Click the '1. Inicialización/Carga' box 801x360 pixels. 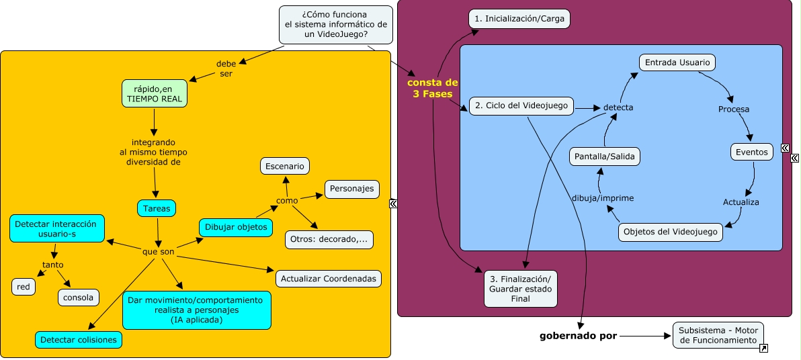tap(519, 19)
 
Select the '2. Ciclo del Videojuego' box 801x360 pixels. tap(521, 105)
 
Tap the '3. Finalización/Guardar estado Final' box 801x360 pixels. tap(520, 288)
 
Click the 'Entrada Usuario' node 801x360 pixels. tap(677, 62)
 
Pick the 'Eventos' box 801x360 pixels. tap(751, 152)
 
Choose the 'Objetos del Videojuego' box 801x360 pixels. tap(671, 232)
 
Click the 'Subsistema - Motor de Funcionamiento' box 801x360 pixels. tap(718, 335)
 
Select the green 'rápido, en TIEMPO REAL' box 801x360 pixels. tap(154, 93)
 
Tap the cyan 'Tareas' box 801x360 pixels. tap(157, 209)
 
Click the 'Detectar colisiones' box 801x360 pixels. tap(79, 340)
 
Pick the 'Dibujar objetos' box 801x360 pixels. tap(237, 227)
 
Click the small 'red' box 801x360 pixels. tap(24, 287)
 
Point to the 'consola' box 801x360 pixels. tap(79, 297)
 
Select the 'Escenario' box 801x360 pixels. tap(285, 166)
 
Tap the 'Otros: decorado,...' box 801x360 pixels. tap(329, 240)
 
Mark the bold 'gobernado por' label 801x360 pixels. tap(578, 335)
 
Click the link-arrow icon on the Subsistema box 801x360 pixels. tap(763, 349)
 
